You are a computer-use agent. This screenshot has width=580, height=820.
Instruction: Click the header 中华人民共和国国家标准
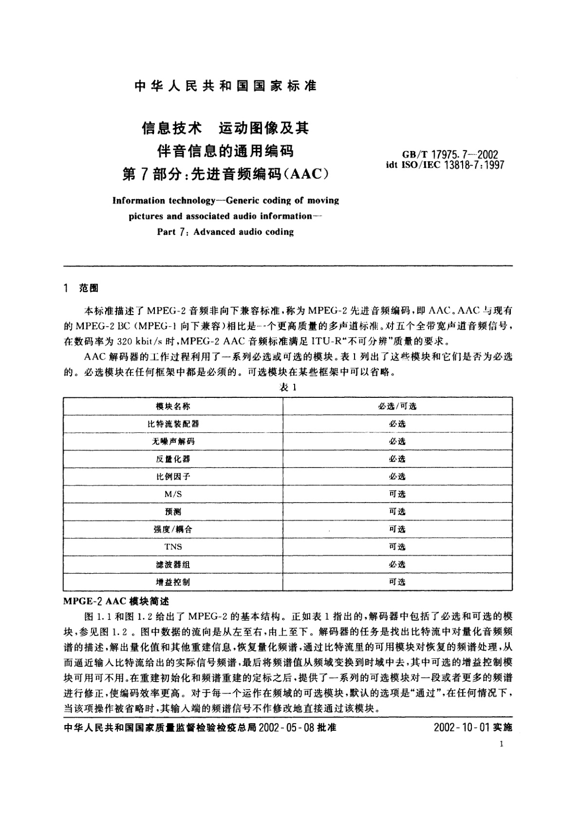point(225,86)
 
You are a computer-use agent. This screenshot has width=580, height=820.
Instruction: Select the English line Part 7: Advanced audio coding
point(225,232)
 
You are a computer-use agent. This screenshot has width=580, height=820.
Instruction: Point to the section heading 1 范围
point(81,289)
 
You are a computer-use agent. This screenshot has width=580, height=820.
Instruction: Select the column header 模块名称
point(173,406)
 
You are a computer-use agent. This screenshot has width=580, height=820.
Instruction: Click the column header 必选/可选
point(397,406)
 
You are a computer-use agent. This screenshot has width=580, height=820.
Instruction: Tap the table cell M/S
point(173,494)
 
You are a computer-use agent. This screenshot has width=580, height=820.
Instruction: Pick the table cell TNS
point(173,546)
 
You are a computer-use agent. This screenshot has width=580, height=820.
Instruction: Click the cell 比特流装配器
point(173,424)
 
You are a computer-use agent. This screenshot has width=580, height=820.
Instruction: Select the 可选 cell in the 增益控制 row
point(397,582)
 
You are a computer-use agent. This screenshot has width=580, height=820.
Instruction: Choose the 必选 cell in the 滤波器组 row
point(397,564)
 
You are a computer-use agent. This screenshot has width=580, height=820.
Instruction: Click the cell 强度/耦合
point(173,529)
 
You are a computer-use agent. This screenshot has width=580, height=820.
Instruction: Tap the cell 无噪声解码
point(173,441)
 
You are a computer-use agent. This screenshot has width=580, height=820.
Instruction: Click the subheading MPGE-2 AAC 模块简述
point(116,601)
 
